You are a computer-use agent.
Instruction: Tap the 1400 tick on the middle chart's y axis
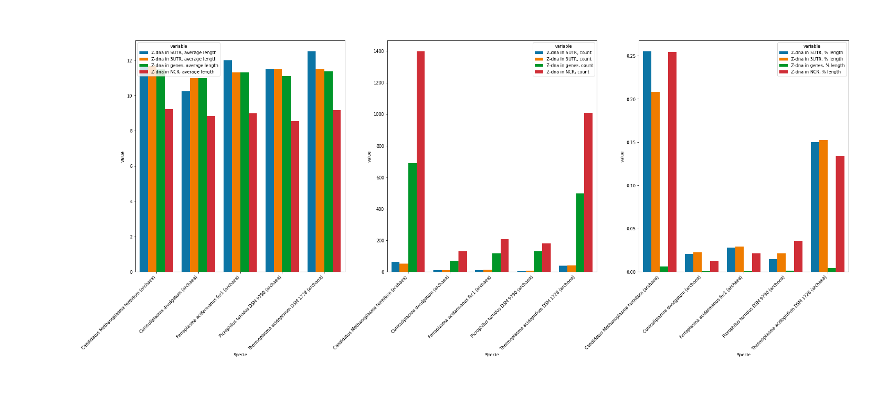pos(378,51)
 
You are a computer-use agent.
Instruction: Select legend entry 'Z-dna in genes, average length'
pos(184,66)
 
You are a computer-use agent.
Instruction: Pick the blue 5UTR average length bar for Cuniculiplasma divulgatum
pos(186,182)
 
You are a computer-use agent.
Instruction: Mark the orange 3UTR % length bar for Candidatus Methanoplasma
pos(656,182)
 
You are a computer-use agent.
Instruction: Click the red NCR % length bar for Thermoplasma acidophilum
pos(840,214)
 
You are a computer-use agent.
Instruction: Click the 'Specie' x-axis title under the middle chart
pos(492,355)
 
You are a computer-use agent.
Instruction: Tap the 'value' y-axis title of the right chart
pos(622,156)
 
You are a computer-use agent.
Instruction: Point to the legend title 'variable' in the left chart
pos(178,46)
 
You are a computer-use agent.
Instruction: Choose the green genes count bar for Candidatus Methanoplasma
pos(412,218)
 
